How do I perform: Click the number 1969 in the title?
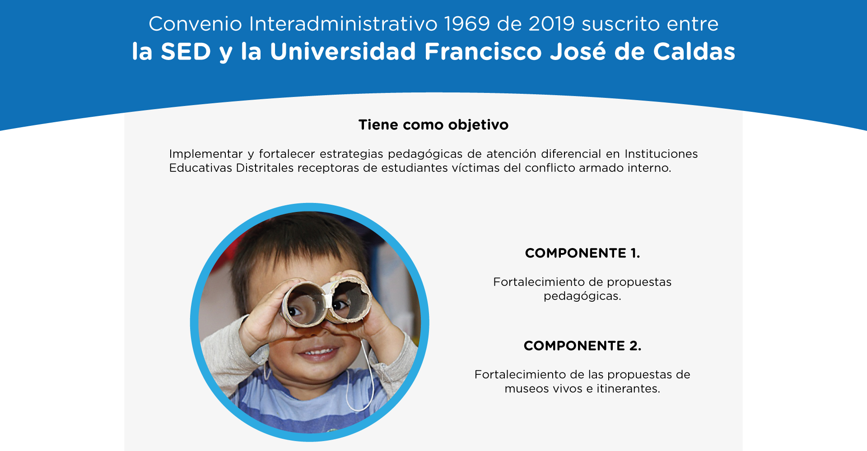(467, 24)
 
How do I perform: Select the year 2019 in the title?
(552, 24)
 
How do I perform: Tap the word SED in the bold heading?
(186, 51)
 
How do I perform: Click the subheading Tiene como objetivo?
(433, 125)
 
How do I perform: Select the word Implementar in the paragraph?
(206, 154)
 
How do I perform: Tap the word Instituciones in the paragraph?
(661, 154)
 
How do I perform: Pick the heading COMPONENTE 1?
(583, 253)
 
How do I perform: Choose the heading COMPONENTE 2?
(583, 346)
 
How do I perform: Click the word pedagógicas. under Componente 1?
(583, 296)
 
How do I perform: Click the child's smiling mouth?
(318, 352)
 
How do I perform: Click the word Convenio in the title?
(196, 24)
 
